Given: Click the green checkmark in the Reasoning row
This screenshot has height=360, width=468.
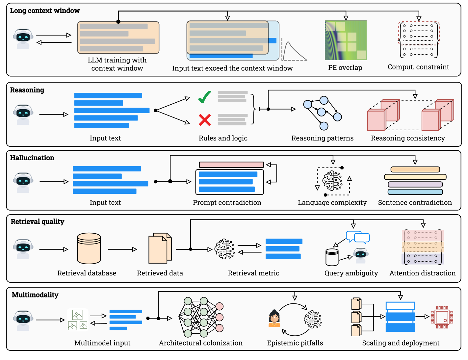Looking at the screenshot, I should pos(205,97).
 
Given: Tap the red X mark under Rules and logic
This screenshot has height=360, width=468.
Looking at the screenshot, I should pos(205,120).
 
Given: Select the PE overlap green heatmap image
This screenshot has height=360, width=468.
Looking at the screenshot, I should pos(346,40).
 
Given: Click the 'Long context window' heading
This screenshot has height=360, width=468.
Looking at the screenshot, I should pos(45,11).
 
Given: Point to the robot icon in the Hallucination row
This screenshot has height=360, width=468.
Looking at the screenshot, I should pos(23,182).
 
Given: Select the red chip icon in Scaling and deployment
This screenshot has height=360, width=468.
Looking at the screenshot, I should pos(442,317).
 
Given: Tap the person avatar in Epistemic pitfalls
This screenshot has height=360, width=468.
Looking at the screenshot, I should pos(274,318).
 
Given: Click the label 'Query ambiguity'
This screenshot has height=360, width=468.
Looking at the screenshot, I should pos(351,273).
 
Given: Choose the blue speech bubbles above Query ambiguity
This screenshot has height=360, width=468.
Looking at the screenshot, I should pos(358,237).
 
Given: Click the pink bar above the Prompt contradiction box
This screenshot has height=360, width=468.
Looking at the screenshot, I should pos(231,165).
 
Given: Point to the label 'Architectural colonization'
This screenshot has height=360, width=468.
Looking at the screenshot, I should pos(200,343).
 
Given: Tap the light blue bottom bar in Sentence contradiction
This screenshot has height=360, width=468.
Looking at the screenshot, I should pos(415,192).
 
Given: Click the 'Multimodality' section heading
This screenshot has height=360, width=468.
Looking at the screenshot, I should pos(35,295).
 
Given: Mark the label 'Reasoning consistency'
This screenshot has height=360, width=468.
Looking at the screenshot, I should pos(407,138).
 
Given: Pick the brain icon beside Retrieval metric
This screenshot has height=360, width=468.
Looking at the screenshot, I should pos(224,249).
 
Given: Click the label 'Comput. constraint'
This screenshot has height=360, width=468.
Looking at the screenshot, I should pos(418,67).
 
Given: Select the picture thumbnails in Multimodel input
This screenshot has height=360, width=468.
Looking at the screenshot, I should pos(77,320).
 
